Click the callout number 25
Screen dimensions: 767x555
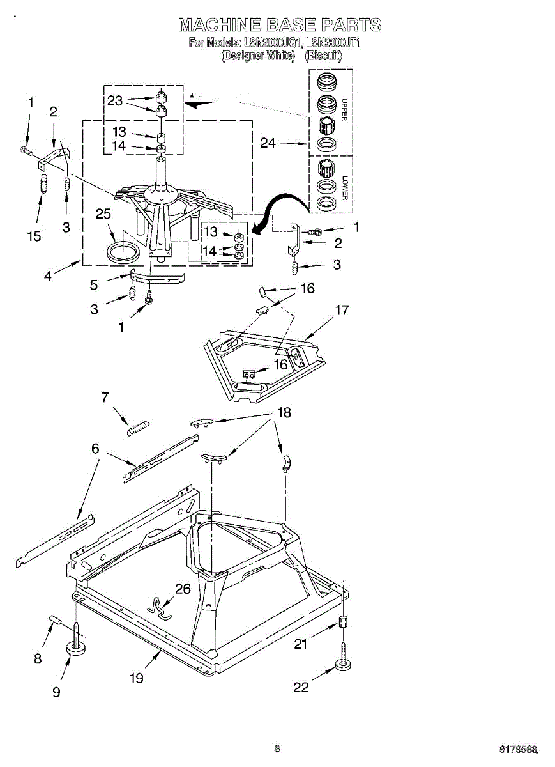pos(103,214)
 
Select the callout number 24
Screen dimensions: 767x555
pos(268,143)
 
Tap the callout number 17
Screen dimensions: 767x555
pos(342,311)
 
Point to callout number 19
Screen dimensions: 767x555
pos(137,678)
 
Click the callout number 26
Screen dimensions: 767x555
pos(183,589)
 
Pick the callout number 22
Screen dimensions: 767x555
pos(301,687)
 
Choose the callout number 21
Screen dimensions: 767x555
pos(301,644)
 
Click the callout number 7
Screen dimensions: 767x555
pos(105,398)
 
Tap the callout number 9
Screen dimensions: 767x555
pos(57,692)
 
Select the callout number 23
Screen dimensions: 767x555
pos(115,100)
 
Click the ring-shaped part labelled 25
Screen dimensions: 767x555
pos(122,251)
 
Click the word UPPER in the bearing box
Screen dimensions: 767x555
pos(344,109)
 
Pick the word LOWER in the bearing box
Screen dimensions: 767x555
pos(344,187)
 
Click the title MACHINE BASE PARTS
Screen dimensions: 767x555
pos(280,25)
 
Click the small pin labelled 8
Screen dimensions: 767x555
pos(54,619)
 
